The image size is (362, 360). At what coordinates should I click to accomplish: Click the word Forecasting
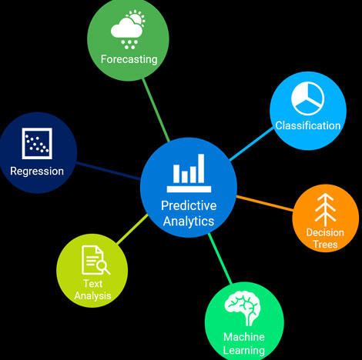129,59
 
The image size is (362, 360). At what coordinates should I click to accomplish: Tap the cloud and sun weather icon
128,29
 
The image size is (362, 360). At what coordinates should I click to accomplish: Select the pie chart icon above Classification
308,98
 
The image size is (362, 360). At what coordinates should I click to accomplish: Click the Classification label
308,125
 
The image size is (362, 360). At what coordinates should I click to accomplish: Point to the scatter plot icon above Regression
37,143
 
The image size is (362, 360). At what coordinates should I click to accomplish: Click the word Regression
37,172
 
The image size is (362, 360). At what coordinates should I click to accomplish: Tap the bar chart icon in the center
189,173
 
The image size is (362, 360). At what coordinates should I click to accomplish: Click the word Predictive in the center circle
189,205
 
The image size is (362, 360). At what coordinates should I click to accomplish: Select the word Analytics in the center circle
189,222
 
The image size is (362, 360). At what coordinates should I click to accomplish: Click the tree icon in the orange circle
325,210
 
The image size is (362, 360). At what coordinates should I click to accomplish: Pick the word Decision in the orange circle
325,232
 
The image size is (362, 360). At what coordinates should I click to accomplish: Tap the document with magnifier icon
96,260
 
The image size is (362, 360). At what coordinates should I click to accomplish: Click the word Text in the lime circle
92,284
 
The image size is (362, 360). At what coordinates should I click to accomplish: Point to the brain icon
243,308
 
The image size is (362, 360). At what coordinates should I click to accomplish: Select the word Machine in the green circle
244,337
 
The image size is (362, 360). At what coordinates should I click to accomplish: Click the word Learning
244,351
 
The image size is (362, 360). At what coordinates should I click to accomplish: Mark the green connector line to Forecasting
156,110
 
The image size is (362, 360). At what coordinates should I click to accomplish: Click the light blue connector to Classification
251,144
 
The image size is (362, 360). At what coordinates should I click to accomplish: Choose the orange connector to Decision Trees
264,203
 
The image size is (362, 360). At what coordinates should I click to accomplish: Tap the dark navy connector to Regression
108,171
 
